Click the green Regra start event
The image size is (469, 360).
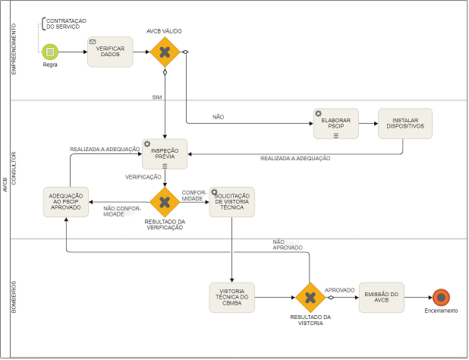(x=51, y=52)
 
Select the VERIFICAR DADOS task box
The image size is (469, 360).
(x=110, y=52)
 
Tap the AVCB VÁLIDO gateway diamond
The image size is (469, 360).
(x=164, y=52)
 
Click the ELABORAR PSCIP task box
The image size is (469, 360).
(x=335, y=123)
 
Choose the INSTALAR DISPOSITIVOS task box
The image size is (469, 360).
(x=405, y=123)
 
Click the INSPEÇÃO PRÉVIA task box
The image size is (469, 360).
(x=165, y=153)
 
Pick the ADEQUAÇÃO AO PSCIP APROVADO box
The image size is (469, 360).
(x=66, y=201)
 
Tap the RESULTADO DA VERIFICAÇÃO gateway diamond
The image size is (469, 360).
(x=164, y=202)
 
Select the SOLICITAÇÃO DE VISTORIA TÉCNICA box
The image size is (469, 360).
(x=231, y=202)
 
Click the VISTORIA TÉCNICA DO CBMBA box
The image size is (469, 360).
(x=231, y=297)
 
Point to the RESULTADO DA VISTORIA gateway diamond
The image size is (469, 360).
(x=310, y=297)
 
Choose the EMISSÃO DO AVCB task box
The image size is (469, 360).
(x=381, y=297)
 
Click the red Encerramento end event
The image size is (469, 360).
(x=441, y=297)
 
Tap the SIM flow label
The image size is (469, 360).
(x=157, y=97)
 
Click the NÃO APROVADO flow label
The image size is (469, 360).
(x=288, y=245)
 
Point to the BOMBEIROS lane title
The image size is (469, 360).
(x=13, y=296)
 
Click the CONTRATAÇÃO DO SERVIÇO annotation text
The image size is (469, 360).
(x=67, y=23)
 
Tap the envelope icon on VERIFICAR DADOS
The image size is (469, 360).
(x=93, y=41)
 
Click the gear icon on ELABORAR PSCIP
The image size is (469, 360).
(x=319, y=113)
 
